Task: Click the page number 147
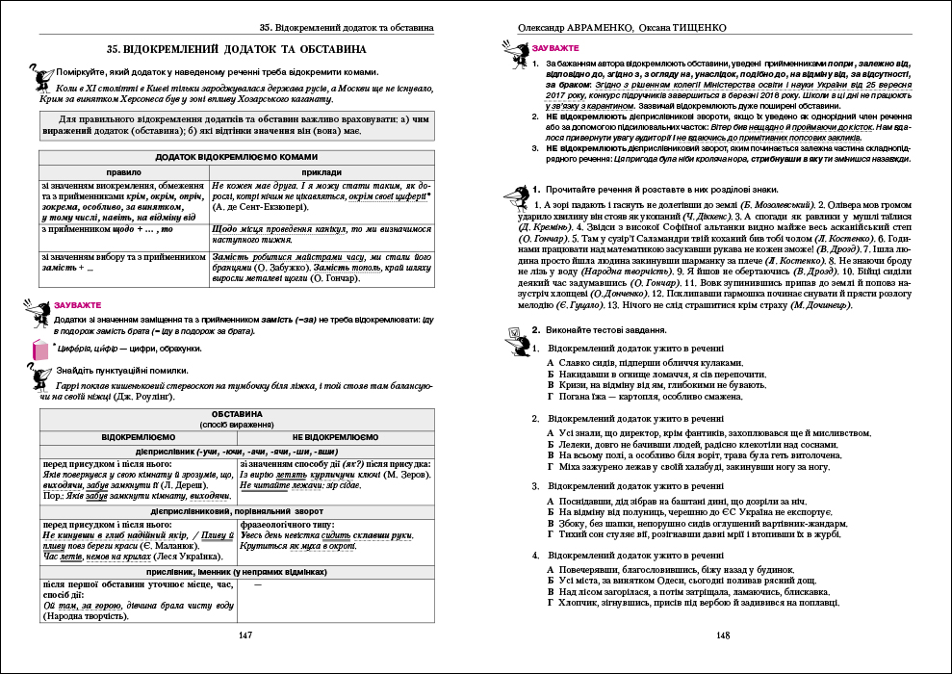(245, 635)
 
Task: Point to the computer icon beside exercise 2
(512, 332)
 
